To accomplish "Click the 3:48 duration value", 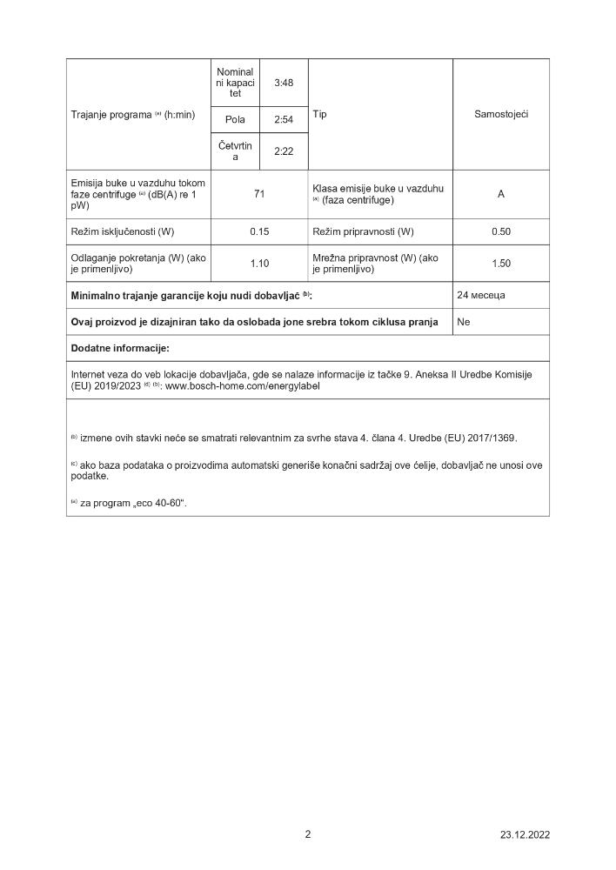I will pos(284,84).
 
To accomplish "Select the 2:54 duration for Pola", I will pos(284,119).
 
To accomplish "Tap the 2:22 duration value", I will pos(284,151).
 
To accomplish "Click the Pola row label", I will pos(235,119).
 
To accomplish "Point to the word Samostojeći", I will pos(501,114).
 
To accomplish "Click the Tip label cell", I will pos(319,114).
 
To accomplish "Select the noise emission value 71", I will pos(259,194).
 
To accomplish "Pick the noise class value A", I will pos(501,194).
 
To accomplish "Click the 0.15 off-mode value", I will pos(259,231).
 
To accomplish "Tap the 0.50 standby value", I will pos(501,231).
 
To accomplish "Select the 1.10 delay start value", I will pos(259,264).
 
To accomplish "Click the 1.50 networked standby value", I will pos(501,264).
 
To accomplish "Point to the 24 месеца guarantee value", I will pos(481,295).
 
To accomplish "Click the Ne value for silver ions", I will pos(464,322).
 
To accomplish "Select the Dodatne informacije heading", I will pos(120,348).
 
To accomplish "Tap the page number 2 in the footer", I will pos(308,833).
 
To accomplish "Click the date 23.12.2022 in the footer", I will pos(525,834).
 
